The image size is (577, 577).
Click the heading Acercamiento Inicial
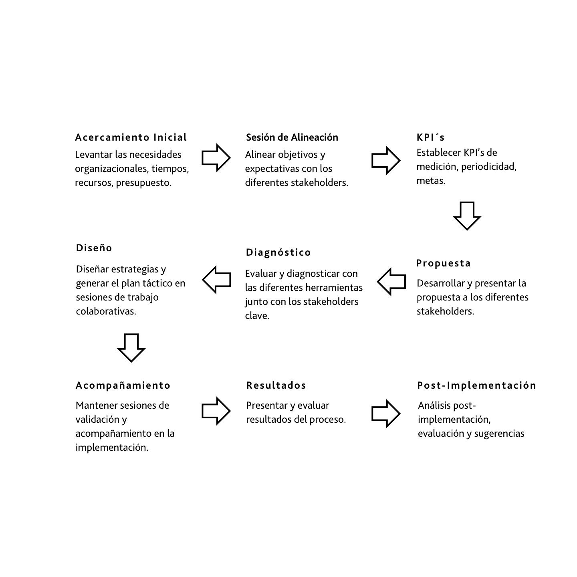pos(131,137)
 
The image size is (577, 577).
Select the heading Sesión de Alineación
pos(292,137)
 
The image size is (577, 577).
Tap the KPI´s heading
pos(430,137)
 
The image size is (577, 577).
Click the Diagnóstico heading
pos(278,252)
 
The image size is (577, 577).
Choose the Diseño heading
pos(94,248)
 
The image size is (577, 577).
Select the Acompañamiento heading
pos(123,385)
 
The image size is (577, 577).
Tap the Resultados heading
pos(276,385)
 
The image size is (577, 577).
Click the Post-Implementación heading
pos(476,385)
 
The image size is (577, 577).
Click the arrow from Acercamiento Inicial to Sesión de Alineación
pos(216,158)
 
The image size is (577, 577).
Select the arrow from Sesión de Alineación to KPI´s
pos(385,160)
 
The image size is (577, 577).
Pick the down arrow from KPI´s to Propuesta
pos(467,216)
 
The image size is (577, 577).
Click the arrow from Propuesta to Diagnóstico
pos(391,282)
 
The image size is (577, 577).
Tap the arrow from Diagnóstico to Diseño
pos(217,279)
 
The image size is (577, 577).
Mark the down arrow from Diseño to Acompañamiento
pos(131,347)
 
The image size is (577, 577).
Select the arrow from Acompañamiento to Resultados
pos(216,411)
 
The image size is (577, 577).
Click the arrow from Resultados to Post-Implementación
pos(385,414)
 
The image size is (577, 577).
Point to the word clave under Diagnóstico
pos(257,316)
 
